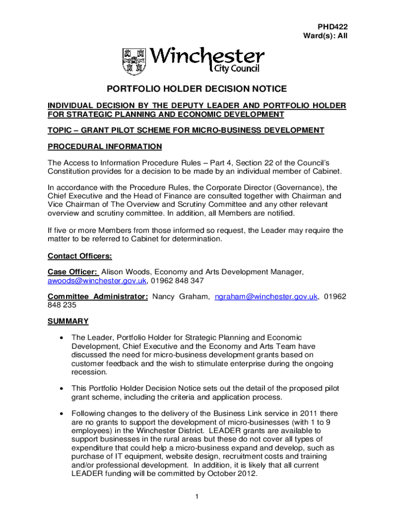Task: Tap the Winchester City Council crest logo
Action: tap(134, 61)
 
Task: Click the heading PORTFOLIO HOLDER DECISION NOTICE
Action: tap(196, 89)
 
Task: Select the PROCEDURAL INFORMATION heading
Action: tap(105, 147)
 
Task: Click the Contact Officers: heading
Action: tap(80, 256)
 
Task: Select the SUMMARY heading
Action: tap(68, 321)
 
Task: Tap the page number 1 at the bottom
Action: tap(197, 496)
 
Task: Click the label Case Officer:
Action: tap(73, 272)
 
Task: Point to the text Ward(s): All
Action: tap(325, 36)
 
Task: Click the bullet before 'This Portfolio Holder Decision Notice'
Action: tap(61, 389)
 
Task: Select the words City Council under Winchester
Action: tap(236, 69)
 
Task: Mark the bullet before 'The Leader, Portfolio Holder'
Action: tap(61, 338)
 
